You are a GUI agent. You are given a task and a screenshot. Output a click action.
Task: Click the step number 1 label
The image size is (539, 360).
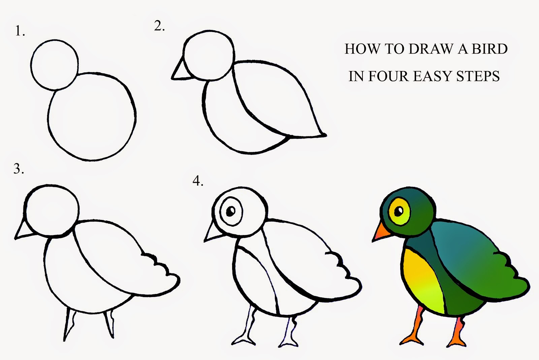coord(20,31)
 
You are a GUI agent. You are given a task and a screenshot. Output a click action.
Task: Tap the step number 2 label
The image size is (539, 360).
coord(159,26)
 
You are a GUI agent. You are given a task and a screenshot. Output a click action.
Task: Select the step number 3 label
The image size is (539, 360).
coord(19,169)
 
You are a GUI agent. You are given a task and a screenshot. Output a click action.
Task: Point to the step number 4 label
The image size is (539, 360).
coord(198,181)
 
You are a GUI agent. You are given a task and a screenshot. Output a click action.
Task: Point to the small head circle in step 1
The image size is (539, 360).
coord(54,65)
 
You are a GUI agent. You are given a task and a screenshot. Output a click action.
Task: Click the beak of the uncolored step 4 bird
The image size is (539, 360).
coord(212,232)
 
